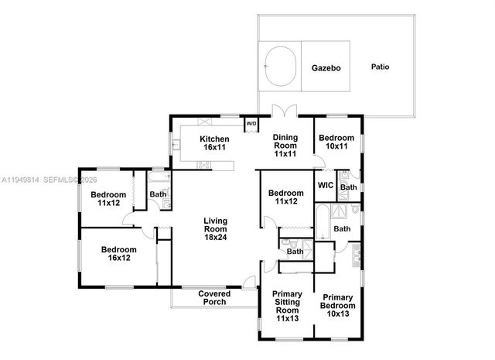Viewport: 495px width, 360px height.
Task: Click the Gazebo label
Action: (x=326, y=67)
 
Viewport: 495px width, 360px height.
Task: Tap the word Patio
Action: (x=380, y=67)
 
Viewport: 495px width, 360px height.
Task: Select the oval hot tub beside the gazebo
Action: (x=281, y=67)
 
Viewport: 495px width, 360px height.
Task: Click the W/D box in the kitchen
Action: (x=251, y=123)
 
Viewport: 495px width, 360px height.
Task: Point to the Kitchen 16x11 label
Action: (x=214, y=143)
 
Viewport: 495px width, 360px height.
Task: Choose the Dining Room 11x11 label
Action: (x=285, y=145)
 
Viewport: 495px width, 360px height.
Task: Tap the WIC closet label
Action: (x=326, y=186)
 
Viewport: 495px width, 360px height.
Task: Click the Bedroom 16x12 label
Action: (x=118, y=254)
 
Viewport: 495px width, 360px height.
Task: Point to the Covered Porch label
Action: (x=213, y=297)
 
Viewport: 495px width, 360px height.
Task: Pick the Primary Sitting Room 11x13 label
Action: (x=286, y=306)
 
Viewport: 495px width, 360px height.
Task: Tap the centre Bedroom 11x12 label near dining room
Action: (x=285, y=197)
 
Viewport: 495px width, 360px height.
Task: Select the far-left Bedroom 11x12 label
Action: (x=107, y=199)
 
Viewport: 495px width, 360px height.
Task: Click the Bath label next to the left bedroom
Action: (x=158, y=194)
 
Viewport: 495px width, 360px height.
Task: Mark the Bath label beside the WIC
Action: (x=348, y=187)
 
